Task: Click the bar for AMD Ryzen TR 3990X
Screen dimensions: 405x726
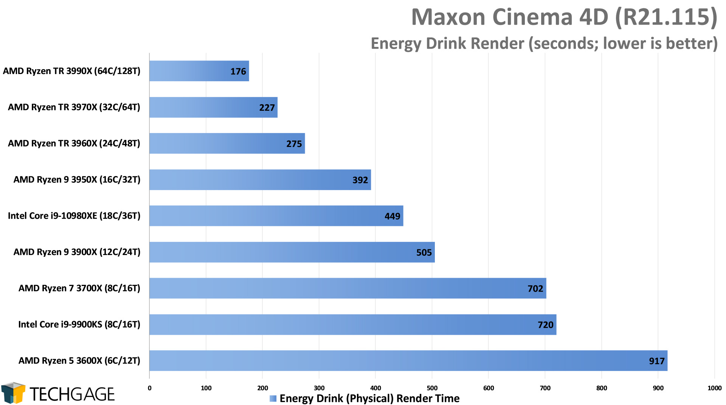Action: [199, 71]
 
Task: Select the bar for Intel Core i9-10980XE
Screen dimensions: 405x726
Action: [276, 216]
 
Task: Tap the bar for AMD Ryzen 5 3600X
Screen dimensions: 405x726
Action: [408, 360]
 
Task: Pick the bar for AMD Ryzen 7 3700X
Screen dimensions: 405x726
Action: [347, 288]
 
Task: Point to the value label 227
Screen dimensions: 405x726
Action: [267, 108]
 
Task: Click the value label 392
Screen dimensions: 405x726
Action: [360, 180]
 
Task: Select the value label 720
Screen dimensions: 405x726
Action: [545, 325]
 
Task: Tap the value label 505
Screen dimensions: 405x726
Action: [424, 252]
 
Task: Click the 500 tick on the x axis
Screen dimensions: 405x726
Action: [432, 388]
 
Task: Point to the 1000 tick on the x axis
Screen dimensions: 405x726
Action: [714, 388]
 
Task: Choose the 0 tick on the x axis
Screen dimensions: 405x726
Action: [150, 388]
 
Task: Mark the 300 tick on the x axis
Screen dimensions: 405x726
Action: [319, 388]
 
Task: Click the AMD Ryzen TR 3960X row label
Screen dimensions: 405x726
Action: [74, 144]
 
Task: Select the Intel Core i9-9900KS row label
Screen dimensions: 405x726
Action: [79, 325]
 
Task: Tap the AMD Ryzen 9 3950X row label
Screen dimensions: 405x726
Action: [77, 179]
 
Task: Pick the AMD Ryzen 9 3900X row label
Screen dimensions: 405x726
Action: [77, 252]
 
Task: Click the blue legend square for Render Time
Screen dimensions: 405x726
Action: [273, 399]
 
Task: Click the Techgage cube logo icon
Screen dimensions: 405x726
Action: [13, 393]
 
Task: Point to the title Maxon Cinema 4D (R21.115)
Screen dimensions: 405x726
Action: [564, 17]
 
